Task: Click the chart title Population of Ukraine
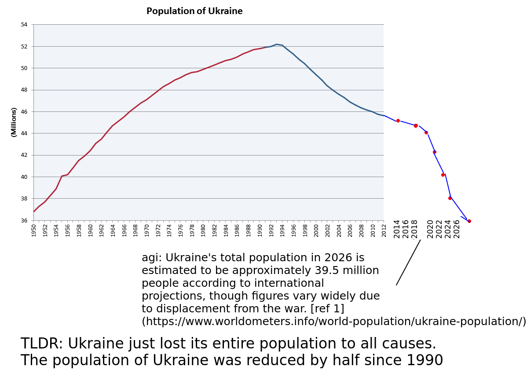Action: pyautogui.click(x=194, y=11)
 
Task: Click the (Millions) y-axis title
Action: pyautogui.click(x=14, y=122)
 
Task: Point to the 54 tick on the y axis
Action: pyautogui.click(x=24, y=25)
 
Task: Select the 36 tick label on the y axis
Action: pyautogui.click(x=24, y=221)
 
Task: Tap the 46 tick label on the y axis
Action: pyautogui.click(x=24, y=111)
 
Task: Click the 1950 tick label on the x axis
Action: pyautogui.click(x=33, y=230)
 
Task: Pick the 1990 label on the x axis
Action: pyautogui.click(x=260, y=230)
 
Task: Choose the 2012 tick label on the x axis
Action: pyautogui.click(x=384, y=230)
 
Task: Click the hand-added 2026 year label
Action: pyautogui.click(x=457, y=229)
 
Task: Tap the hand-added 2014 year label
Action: pyautogui.click(x=397, y=229)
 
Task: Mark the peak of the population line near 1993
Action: pyautogui.click(x=277, y=44)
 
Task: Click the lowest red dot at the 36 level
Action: pyautogui.click(x=469, y=221)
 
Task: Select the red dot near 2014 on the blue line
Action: pyautogui.click(x=398, y=121)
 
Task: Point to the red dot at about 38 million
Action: pyautogui.click(x=450, y=198)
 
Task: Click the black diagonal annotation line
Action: pyautogui.click(x=408, y=262)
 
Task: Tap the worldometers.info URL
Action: pyautogui.click(x=334, y=321)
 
